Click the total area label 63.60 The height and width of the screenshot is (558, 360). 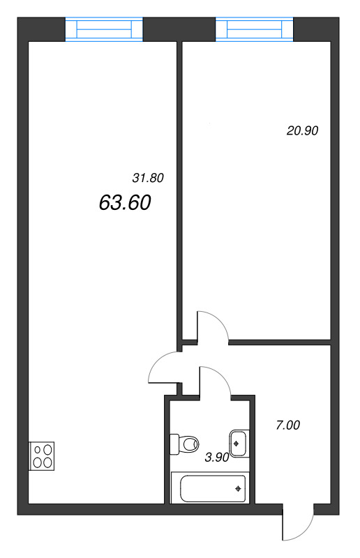[126, 203]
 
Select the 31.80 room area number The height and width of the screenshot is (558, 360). [147, 178]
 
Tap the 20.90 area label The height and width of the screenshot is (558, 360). [302, 130]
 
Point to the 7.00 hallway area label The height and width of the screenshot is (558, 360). [287, 424]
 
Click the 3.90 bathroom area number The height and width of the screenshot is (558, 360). [217, 458]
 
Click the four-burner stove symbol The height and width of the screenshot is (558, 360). [42, 455]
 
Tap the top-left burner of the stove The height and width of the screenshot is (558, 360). [36, 450]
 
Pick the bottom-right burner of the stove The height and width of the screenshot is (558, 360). [47, 462]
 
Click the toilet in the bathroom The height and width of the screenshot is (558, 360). [185, 442]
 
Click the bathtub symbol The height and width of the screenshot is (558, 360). [209, 488]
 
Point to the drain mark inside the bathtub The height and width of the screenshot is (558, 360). [239, 488]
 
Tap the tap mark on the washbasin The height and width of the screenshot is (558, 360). [239, 442]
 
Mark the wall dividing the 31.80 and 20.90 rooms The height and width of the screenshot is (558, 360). [179, 188]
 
